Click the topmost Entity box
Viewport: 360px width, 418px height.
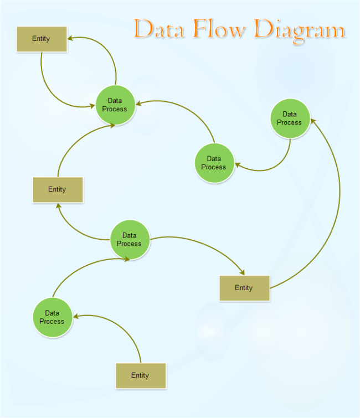[x=42, y=39]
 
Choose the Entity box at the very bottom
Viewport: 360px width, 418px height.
[x=141, y=375]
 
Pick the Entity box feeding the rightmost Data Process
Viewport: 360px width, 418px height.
[x=244, y=288]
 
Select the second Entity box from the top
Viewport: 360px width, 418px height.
[x=58, y=189]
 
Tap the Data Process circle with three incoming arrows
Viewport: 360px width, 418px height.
[x=115, y=105]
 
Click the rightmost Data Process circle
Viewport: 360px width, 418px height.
[x=290, y=118]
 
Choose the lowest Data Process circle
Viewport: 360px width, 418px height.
[x=52, y=317]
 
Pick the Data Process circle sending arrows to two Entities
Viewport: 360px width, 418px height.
[x=130, y=240]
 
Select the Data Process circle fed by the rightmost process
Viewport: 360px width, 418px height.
[x=214, y=163]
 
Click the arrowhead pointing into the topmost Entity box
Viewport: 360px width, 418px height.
[x=70, y=39]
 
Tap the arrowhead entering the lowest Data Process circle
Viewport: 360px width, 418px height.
[x=76, y=316]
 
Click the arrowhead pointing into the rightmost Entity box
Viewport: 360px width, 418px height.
[x=242, y=272]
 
